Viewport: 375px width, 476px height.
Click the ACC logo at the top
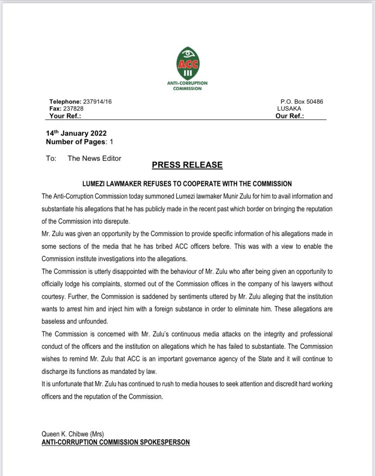point(187,63)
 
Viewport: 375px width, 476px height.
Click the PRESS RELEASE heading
point(187,165)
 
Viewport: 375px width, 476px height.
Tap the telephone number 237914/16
point(97,101)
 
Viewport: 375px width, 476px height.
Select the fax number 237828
point(73,109)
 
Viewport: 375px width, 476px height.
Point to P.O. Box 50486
point(302,101)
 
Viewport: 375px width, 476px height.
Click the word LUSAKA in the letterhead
point(289,109)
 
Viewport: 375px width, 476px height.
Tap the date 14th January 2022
point(76,134)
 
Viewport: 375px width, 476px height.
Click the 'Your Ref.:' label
point(66,116)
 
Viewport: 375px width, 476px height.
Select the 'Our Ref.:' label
point(289,116)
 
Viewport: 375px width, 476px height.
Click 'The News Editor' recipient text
point(94,159)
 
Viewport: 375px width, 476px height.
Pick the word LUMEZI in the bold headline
point(99,184)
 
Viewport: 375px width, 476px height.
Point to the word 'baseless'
point(54,321)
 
